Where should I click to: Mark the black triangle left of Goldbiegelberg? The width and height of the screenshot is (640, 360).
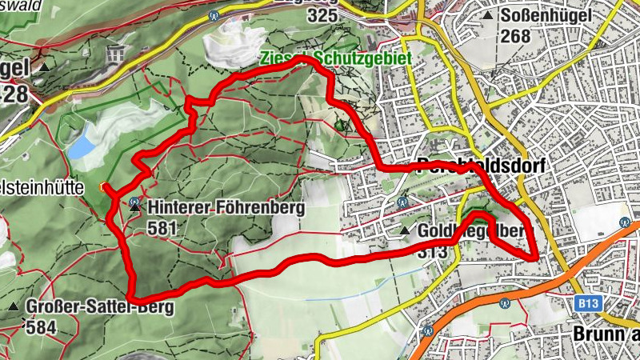[x=405, y=231]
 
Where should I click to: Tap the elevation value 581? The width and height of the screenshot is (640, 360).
[x=162, y=228]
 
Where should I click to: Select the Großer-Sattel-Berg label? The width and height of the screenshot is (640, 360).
[x=99, y=306]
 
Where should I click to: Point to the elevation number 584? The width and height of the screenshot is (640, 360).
[x=42, y=326]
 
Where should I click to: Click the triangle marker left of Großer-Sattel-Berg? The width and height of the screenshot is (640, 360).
[x=13, y=306]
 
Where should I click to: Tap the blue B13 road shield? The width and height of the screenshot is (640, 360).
[x=588, y=302]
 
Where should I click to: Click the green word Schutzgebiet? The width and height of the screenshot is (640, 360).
[x=372, y=59]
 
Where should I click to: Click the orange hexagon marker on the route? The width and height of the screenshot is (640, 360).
[x=102, y=187]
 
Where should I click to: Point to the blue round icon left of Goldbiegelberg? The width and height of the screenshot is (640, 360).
[x=402, y=202]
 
